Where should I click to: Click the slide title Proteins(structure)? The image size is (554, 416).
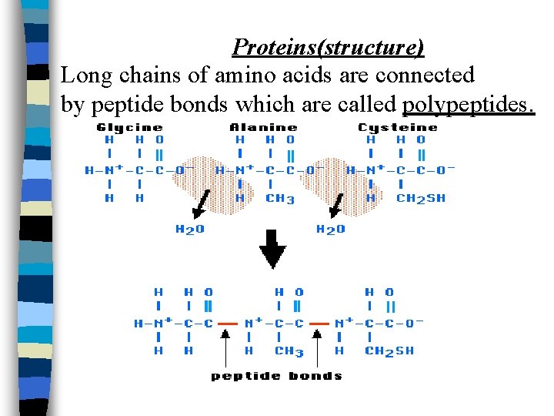click(x=328, y=48)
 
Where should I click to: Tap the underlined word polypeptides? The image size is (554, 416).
click(x=467, y=104)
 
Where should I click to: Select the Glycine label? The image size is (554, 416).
click(x=130, y=127)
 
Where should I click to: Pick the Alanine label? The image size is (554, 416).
click(x=264, y=127)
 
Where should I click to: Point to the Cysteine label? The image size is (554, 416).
click(x=398, y=127)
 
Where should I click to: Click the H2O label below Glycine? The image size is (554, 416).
click(x=190, y=229)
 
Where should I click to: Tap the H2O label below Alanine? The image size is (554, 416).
click(x=331, y=229)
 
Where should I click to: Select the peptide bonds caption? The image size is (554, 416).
click(x=276, y=376)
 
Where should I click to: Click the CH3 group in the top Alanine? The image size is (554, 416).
click(x=280, y=198)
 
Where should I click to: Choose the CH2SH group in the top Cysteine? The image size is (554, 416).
click(x=420, y=198)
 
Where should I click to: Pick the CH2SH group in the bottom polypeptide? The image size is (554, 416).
click(x=389, y=351)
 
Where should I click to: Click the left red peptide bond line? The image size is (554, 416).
click(x=228, y=324)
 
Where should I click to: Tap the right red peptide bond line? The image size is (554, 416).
click(x=319, y=324)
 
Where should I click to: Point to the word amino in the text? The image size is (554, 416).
click(x=249, y=75)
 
